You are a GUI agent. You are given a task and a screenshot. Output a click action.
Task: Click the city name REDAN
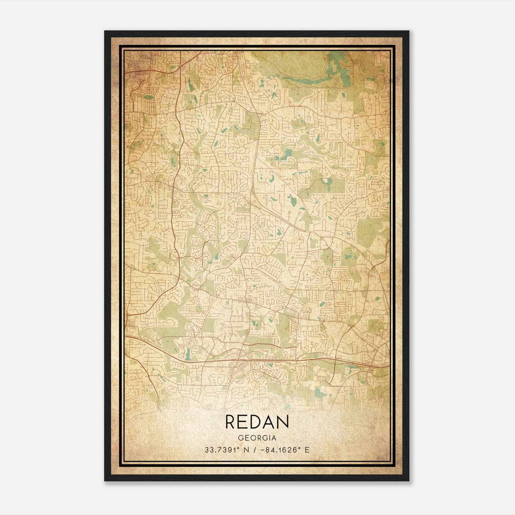[257, 422]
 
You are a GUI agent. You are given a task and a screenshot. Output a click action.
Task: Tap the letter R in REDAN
[231, 422]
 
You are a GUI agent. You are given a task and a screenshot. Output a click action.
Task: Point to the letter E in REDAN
[244, 422]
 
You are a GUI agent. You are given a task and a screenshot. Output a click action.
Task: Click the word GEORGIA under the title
[257, 438]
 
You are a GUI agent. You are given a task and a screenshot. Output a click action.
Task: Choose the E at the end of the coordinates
[307, 450]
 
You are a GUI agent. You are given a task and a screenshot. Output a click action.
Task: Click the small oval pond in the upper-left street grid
[148, 97]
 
